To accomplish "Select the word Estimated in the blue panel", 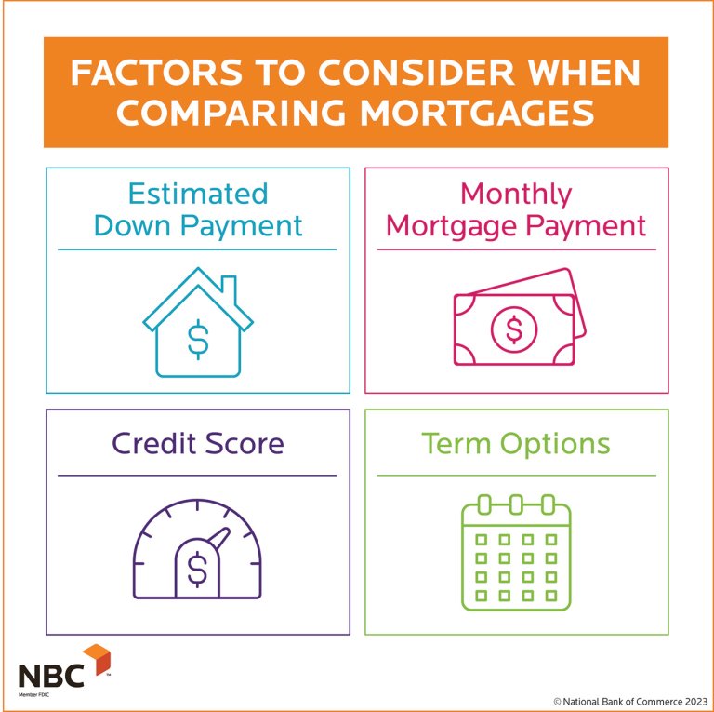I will point(197,194).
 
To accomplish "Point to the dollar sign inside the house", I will point(197,339).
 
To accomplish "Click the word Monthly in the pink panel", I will point(516,194).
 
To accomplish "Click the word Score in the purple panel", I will point(244,443).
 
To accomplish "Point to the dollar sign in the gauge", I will point(197,570).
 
